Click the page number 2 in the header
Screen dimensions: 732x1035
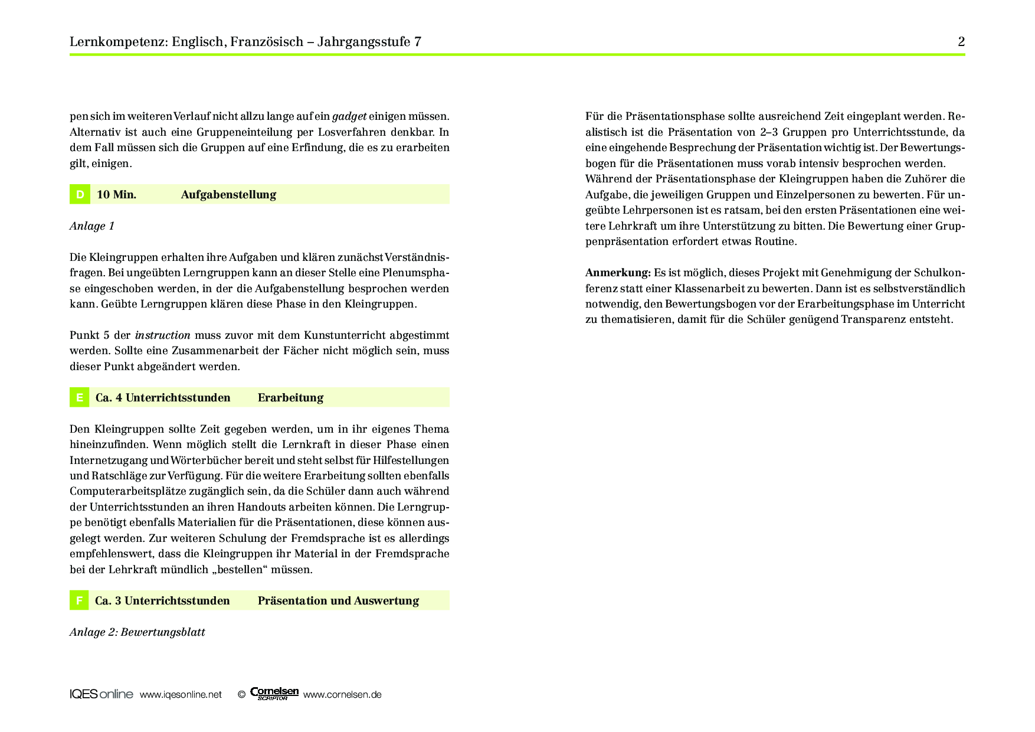click(x=961, y=41)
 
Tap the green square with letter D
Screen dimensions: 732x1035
click(x=80, y=194)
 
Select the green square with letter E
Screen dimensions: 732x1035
click(x=80, y=397)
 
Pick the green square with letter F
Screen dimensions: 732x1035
click(x=80, y=600)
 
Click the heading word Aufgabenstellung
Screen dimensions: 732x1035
click(x=228, y=194)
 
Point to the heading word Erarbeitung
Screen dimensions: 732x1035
click(x=290, y=397)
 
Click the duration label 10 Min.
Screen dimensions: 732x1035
click(x=116, y=194)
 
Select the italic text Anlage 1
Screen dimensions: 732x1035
click(x=92, y=226)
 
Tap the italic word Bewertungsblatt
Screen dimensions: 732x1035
click(x=163, y=632)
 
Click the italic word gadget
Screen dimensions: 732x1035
click(x=349, y=116)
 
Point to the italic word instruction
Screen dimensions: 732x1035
click(x=163, y=335)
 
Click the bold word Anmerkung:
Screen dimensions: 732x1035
click(x=618, y=273)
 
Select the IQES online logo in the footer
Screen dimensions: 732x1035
click(x=101, y=694)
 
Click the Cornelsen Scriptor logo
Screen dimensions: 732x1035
click(x=274, y=694)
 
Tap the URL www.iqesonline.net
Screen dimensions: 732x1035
click(x=181, y=695)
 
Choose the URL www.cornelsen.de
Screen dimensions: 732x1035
click(x=342, y=695)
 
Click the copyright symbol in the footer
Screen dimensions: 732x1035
click(x=241, y=695)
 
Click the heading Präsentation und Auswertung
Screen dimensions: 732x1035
click(x=338, y=600)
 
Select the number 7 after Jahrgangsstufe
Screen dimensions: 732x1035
click(x=418, y=41)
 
